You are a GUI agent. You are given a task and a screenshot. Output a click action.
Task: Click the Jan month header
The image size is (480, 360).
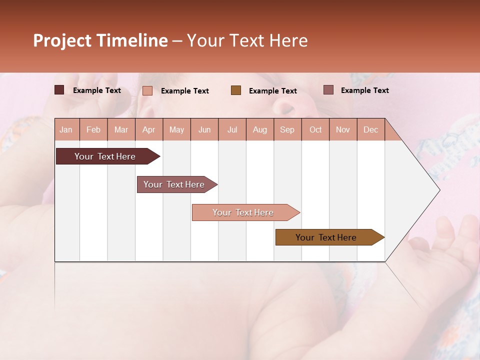point(66,129)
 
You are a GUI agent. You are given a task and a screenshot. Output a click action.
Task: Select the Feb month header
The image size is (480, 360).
point(93,129)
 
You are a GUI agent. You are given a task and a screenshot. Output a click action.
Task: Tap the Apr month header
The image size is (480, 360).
point(148,129)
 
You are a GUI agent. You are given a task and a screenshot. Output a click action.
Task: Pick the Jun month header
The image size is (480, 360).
point(204,129)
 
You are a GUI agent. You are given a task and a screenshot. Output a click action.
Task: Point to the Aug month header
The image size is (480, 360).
point(259,129)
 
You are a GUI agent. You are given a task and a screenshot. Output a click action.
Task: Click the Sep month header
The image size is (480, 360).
point(287,129)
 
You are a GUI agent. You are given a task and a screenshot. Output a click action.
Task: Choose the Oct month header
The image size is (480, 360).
point(315,129)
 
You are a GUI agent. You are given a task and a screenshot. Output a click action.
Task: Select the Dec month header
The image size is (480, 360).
point(370,129)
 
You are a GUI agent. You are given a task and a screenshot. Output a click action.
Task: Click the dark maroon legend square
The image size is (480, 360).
point(59,90)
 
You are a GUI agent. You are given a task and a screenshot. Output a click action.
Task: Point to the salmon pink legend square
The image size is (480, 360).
point(147,90)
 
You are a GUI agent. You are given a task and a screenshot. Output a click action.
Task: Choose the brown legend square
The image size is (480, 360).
point(236,90)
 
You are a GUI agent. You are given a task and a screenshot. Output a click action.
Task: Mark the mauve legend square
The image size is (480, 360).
point(328,90)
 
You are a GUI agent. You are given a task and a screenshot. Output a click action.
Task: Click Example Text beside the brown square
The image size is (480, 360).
point(272,91)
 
